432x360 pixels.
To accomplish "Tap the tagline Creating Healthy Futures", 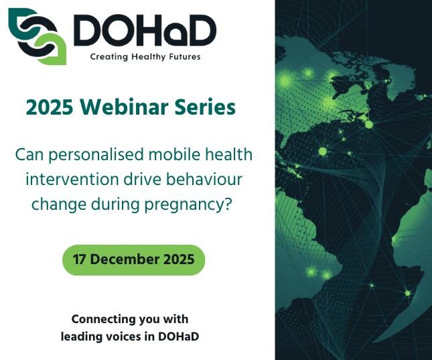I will point(145,57).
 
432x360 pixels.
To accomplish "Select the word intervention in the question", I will point(66,180).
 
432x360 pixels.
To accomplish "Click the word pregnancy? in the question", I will point(194,204).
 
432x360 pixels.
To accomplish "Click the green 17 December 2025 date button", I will point(133,259).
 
